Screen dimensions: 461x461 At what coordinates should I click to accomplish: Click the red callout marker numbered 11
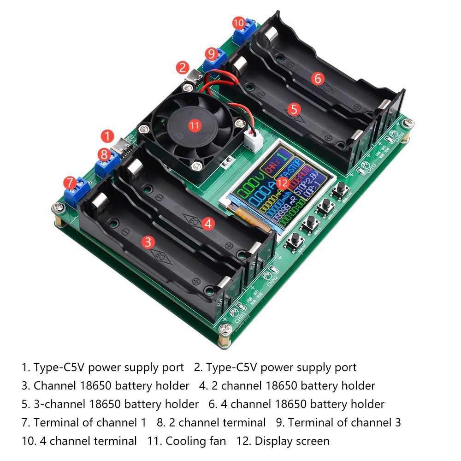(x=195, y=124)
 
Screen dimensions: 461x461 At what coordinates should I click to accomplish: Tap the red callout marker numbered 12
(x=283, y=183)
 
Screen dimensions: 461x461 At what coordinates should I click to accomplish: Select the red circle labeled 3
(x=148, y=242)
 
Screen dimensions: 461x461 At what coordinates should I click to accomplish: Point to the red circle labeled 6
(x=317, y=78)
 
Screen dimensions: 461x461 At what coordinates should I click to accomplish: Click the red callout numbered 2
(x=183, y=68)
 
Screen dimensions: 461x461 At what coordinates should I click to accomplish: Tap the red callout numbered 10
(x=238, y=23)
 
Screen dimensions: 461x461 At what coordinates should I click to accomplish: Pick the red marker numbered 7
(x=70, y=183)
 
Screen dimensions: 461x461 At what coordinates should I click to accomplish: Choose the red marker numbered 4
(x=208, y=224)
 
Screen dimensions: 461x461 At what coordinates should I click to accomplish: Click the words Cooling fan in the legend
(x=195, y=441)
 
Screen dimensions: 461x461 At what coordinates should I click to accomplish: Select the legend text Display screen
(x=292, y=441)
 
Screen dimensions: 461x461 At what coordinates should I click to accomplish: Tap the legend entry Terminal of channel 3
(x=344, y=422)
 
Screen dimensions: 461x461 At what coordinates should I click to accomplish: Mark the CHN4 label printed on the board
(x=399, y=137)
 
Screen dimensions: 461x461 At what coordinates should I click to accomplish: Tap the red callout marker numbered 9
(x=212, y=53)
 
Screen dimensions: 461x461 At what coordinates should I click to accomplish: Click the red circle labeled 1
(x=107, y=136)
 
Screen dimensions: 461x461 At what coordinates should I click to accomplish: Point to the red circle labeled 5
(x=294, y=109)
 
